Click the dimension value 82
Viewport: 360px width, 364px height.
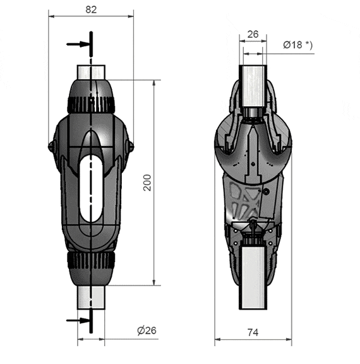(91, 9)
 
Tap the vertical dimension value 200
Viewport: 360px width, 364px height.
(147, 183)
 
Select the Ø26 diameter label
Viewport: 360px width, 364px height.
(147, 331)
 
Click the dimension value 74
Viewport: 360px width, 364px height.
(253, 332)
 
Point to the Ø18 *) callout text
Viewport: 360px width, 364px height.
(298, 45)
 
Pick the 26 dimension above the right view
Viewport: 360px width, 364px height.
(253, 34)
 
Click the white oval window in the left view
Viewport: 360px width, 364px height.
(91, 189)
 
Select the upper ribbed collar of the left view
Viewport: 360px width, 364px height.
(91, 105)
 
